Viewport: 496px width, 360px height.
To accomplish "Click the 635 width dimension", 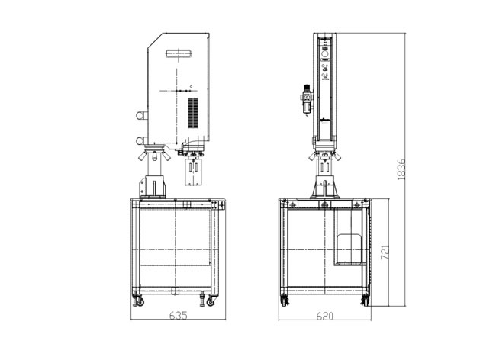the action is [x=179, y=315].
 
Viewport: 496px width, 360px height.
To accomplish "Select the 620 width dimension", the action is [x=325, y=316].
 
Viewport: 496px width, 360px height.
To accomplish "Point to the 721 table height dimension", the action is [x=385, y=252].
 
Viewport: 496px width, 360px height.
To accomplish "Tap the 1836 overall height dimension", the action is [x=401, y=169].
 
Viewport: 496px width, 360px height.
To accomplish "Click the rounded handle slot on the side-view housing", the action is [x=179, y=53].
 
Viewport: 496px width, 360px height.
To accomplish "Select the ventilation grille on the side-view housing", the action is [x=193, y=113].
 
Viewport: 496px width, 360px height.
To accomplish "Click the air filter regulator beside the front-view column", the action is [x=307, y=100].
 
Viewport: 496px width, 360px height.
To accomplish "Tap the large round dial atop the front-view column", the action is [x=325, y=53].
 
